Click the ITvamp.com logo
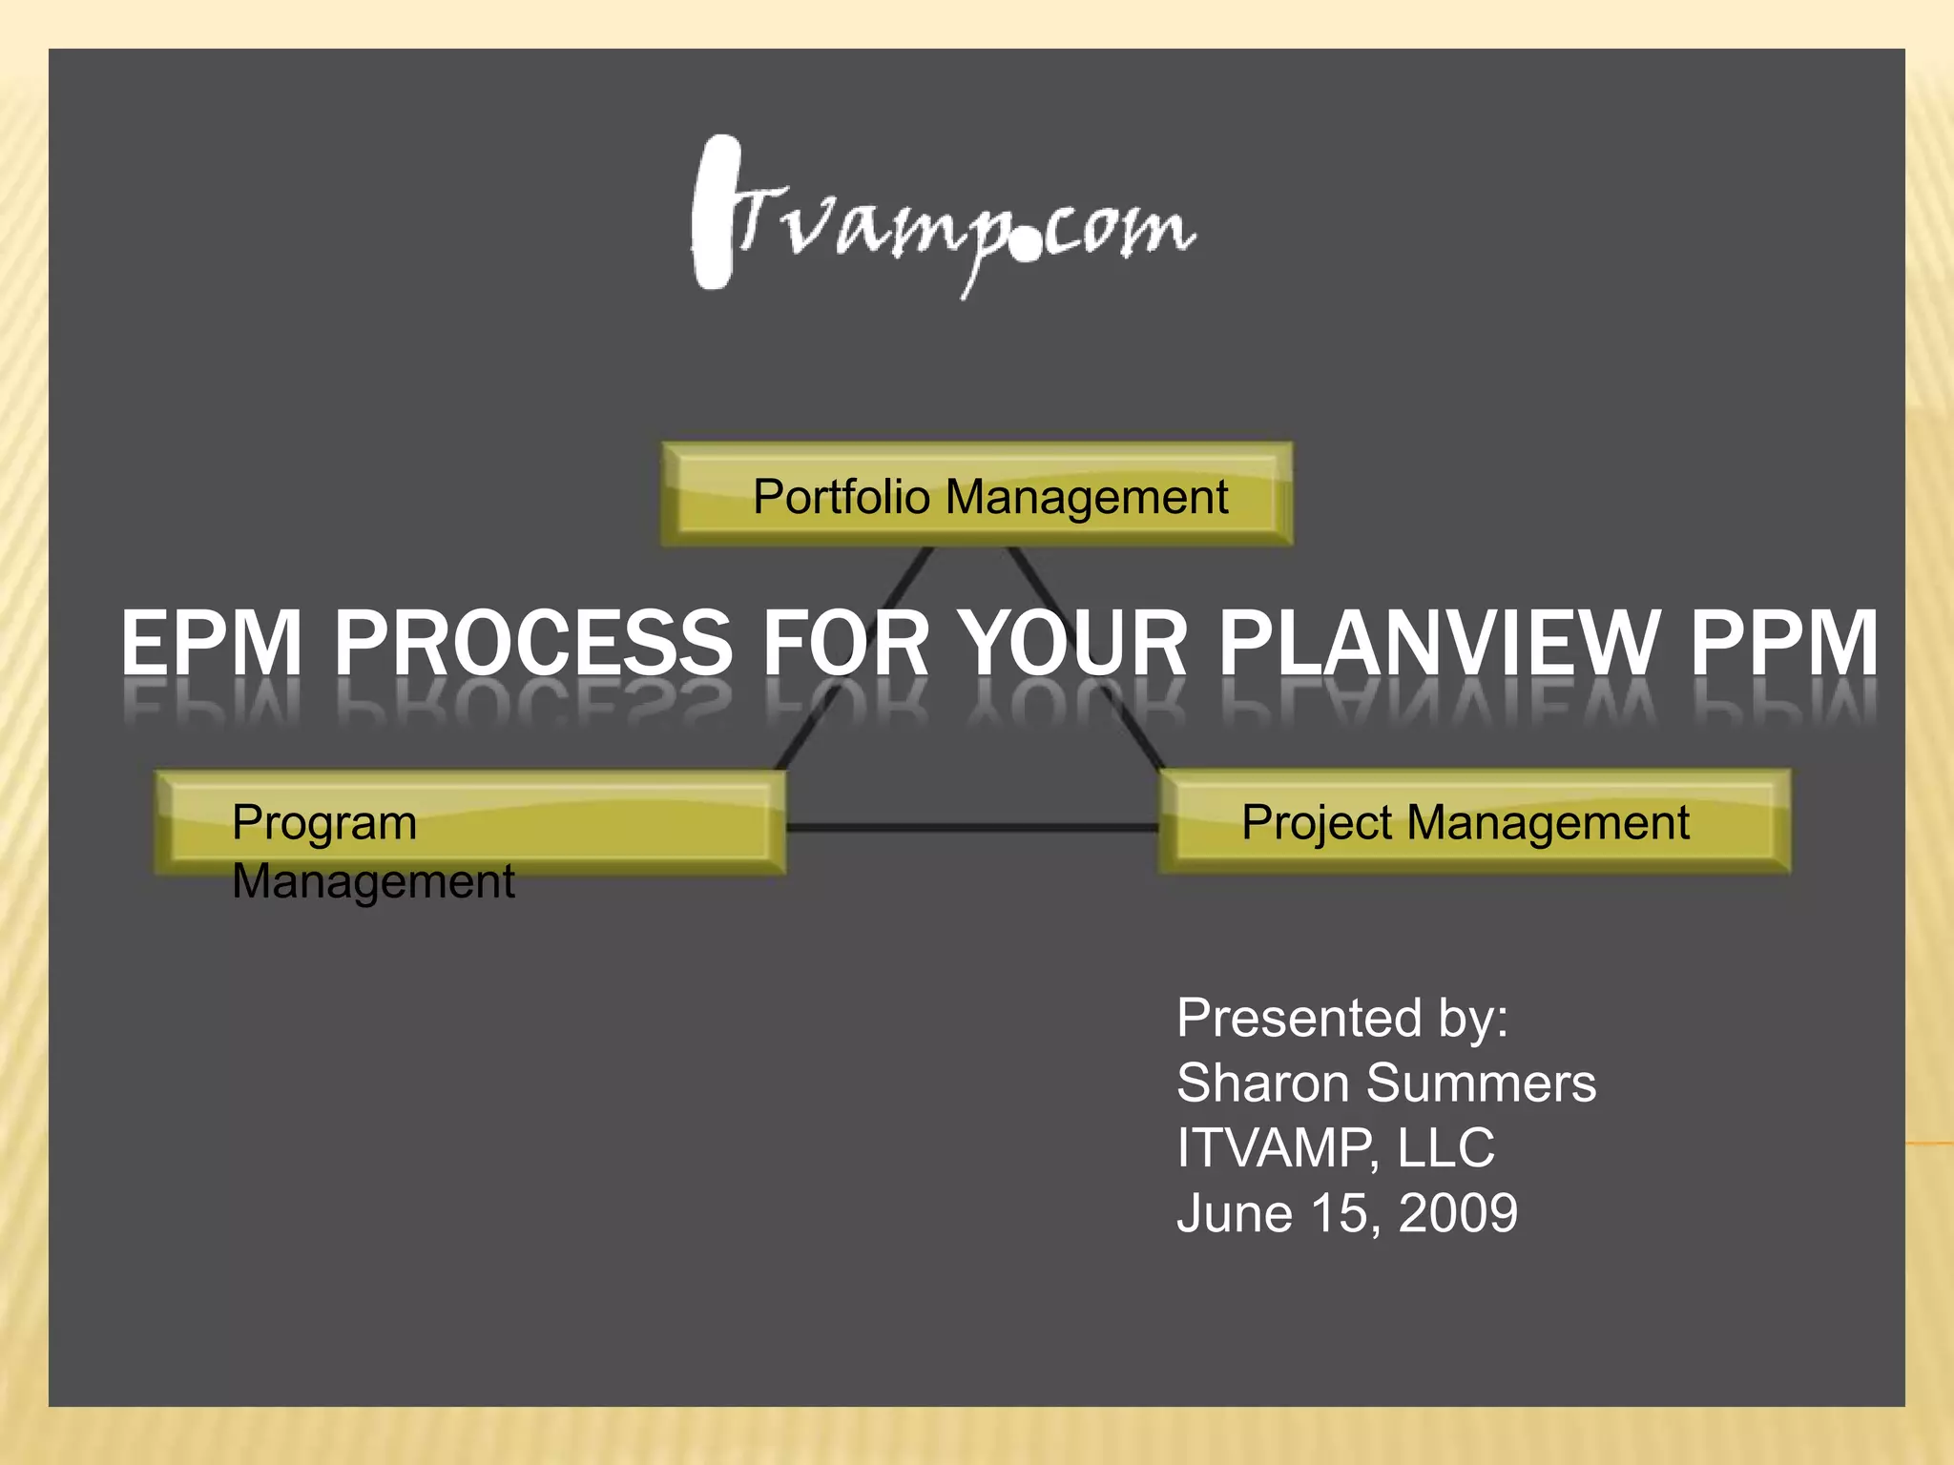coord(943,217)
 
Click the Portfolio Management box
coord(977,495)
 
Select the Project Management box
coord(1474,822)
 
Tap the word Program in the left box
coord(324,822)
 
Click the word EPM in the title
coord(212,645)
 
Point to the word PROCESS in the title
coord(532,645)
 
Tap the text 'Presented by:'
coord(1342,1019)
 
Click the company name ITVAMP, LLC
coord(1336,1148)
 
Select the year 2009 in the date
coord(1458,1213)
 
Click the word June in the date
coord(1234,1213)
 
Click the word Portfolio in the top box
coord(841,497)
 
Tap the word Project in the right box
coord(1317,822)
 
